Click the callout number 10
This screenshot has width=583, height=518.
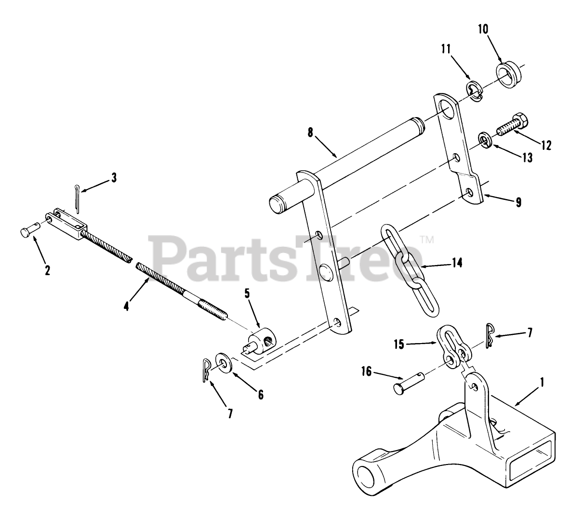(483, 29)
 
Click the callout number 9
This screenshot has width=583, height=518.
(518, 202)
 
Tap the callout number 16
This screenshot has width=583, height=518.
(367, 372)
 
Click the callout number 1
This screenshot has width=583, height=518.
(542, 383)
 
